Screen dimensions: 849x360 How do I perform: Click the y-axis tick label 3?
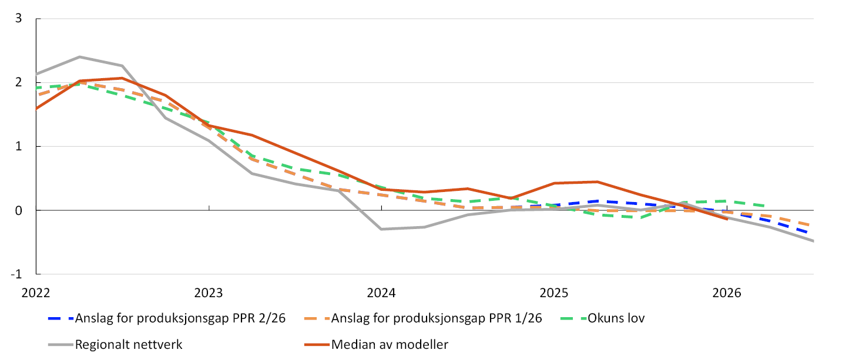pos(19,18)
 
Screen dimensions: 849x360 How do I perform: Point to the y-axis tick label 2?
pos(19,82)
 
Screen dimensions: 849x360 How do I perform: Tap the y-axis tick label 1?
pos(19,146)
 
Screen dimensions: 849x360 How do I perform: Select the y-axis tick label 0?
pos(19,210)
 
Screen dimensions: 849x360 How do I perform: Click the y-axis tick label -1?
pos(16,274)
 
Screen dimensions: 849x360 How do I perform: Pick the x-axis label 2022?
pos(36,293)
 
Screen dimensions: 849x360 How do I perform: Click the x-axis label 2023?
pos(209,293)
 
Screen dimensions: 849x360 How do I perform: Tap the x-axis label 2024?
pos(381,293)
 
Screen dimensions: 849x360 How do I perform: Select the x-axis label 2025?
pos(554,293)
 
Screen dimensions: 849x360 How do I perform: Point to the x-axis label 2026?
pos(727,293)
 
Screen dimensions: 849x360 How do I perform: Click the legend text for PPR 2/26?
pos(180,318)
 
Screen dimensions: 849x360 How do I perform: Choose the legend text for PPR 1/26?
pos(437,318)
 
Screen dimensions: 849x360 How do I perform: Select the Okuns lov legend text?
pos(616,318)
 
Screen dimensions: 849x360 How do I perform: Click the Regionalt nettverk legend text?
pos(129,345)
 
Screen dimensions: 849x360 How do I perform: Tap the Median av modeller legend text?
pos(390,345)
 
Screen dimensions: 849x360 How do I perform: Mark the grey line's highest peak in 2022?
pos(79,57)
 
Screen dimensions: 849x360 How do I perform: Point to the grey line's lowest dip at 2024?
pos(381,229)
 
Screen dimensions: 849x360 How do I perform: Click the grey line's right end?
pos(813,241)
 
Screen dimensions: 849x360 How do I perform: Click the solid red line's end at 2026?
pos(727,219)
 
